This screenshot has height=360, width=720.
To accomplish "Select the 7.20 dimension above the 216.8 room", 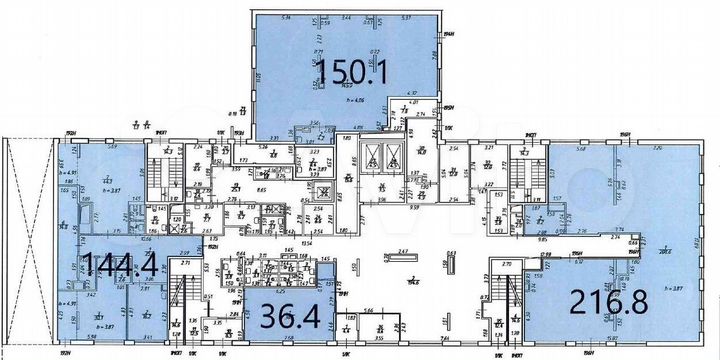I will [657, 147].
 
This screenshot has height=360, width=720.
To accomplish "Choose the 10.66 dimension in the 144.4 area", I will [117, 240].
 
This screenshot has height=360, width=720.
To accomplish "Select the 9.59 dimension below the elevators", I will [383, 207].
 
